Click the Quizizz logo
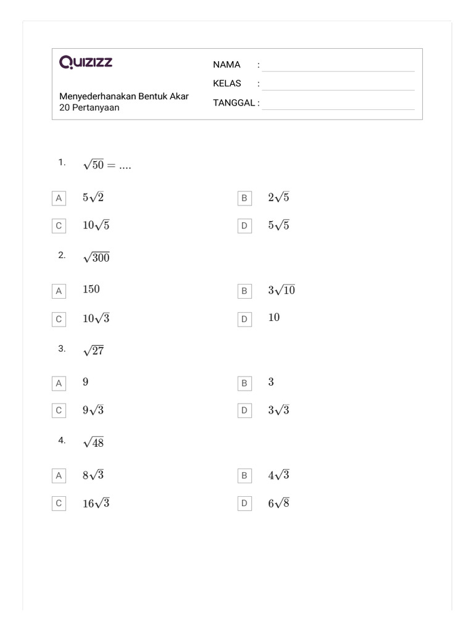[86, 62]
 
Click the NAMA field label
[227, 65]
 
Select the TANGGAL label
[234, 102]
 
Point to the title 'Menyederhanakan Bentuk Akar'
[123, 96]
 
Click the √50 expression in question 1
[94, 165]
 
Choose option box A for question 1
[59, 198]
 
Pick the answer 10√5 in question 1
[96, 225]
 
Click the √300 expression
[96, 257]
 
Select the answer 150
[91, 289]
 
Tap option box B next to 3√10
[244, 291]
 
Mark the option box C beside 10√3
[59, 319]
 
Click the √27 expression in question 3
[94, 351]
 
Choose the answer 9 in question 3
[86, 382]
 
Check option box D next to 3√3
[244, 411]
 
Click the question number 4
[62, 440]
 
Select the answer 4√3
[278, 475]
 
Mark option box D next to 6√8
[244, 504]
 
